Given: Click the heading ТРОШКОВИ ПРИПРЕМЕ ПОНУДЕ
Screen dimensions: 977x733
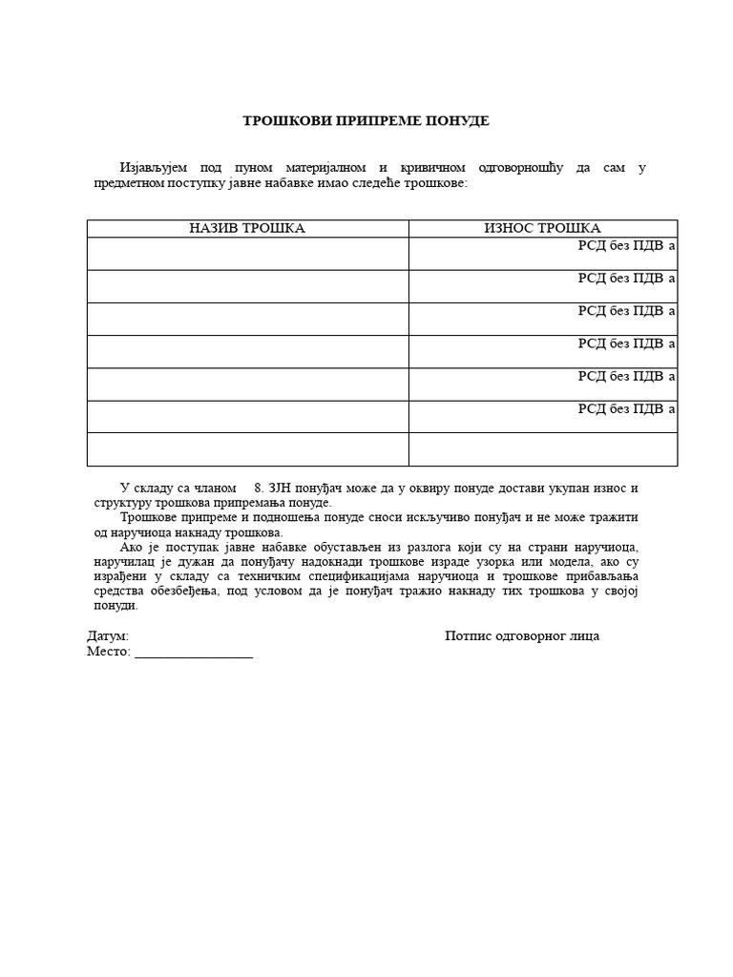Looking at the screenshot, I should (x=366, y=121).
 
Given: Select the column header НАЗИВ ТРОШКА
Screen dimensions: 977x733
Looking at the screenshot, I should (x=247, y=228).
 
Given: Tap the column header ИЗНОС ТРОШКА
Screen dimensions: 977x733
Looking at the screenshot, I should (x=542, y=228).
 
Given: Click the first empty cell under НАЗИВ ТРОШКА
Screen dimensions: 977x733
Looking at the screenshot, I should (x=247, y=254).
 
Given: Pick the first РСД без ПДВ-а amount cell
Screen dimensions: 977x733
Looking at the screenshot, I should (x=542, y=254).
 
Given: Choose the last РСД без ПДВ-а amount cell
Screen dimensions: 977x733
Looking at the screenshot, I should (x=542, y=417).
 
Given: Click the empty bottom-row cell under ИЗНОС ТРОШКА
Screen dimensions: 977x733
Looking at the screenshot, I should (x=542, y=449).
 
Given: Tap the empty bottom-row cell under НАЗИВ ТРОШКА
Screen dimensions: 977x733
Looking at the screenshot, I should (x=247, y=449).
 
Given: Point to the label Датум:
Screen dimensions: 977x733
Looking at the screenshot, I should (x=108, y=636).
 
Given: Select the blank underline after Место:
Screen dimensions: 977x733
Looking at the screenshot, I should (x=194, y=654).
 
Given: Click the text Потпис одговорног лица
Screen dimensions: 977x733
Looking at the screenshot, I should (x=522, y=636).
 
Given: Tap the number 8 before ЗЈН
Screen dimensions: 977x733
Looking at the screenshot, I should (x=258, y=488).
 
